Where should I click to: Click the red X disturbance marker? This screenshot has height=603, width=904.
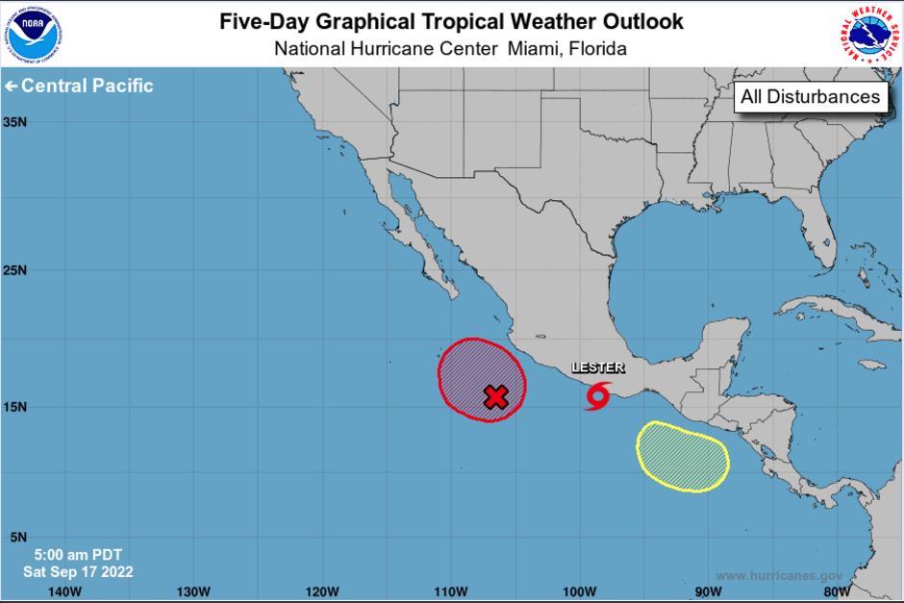point(495,397)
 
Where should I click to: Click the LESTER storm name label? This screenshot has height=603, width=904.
point(598,367)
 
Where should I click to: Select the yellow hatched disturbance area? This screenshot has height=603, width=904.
point(683,456)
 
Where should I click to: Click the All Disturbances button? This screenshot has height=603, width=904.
point(810,96)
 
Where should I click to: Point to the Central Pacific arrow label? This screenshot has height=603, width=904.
point(79,86)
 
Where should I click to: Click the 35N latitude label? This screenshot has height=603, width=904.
point(14,122)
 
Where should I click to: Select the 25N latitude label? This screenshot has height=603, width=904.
point(14,269)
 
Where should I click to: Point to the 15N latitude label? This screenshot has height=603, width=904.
point(14,407)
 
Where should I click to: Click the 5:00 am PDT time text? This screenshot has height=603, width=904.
point(78,555)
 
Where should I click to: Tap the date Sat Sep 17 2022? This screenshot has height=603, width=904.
point(78,571)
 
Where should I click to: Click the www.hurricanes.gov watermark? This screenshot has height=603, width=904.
point(780,575)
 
